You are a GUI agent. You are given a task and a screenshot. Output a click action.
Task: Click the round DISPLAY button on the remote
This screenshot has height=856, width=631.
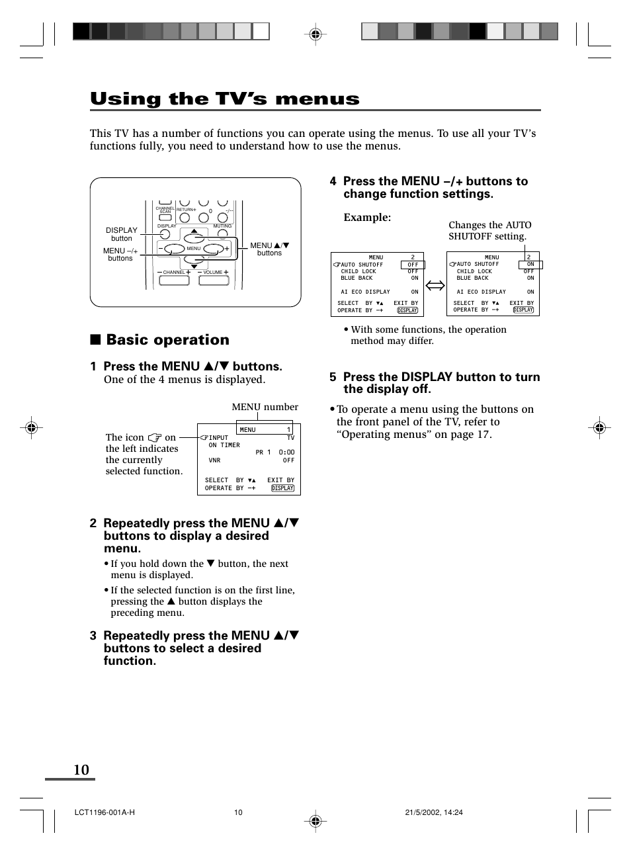(x=165, y=234)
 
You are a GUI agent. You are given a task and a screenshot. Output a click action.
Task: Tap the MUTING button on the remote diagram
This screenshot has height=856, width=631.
(x=223, y=234)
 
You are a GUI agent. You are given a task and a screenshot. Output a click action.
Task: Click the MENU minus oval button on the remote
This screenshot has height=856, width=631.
(x=174, y=249)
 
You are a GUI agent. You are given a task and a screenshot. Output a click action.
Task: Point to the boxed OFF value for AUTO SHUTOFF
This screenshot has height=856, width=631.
(x=413, y=265)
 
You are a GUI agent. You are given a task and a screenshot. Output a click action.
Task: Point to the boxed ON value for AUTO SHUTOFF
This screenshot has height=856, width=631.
(x=530, y=265)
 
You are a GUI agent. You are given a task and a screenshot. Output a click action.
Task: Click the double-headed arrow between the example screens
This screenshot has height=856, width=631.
(x=435, y=286)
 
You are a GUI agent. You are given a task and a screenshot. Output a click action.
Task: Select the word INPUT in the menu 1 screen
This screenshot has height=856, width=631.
(x=218, y=438)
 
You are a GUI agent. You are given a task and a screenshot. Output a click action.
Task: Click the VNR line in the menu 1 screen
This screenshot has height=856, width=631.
(x=214, y=460)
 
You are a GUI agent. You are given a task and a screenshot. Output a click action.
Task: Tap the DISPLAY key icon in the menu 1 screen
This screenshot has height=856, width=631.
(x=282, y=488)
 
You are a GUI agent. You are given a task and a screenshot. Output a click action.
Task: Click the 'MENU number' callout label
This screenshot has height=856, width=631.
(x=265, y=407)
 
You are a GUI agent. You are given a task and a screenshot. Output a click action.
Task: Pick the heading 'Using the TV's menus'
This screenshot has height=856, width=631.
(x=225, y=99)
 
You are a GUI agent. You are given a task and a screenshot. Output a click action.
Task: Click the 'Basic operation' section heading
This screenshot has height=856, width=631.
(x=167, y=340)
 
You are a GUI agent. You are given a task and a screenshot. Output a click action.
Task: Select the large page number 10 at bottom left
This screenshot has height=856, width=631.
(x=81, y=769)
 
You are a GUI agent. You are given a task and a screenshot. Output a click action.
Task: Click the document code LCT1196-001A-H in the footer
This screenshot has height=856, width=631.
(x=105, y=812)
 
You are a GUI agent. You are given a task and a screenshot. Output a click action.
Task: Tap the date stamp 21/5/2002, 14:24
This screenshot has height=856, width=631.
(x=433, y=812)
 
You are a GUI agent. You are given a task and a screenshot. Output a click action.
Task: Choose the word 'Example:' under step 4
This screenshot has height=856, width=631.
(x=367, y=218)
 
